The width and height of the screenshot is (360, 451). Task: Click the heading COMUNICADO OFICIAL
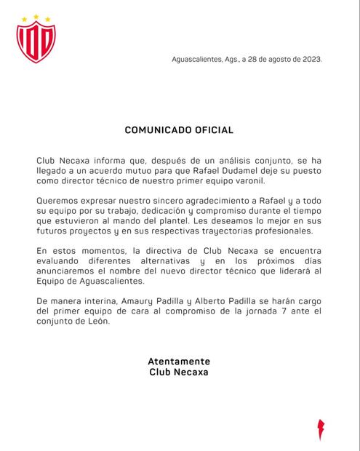pyautogui.click(x=179, y=130)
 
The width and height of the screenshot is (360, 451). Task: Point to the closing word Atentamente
pyautogui.click(x=179, y=361)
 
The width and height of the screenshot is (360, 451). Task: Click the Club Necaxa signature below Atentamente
pyautogui.click(x=179, y=372)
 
